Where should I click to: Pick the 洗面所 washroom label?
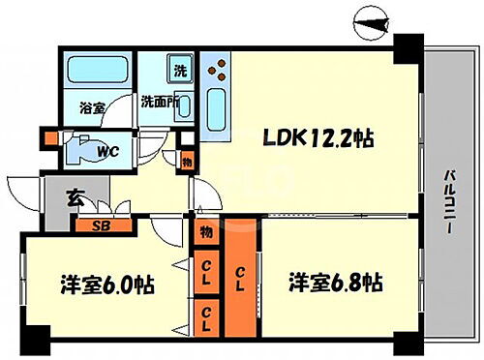click(x=158, y=101)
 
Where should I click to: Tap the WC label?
click(x=107, y=151)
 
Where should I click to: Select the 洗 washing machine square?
click(x=180, y=70)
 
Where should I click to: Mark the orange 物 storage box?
click(x=206, y=233)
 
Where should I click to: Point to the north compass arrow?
click(x=372, y=17)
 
